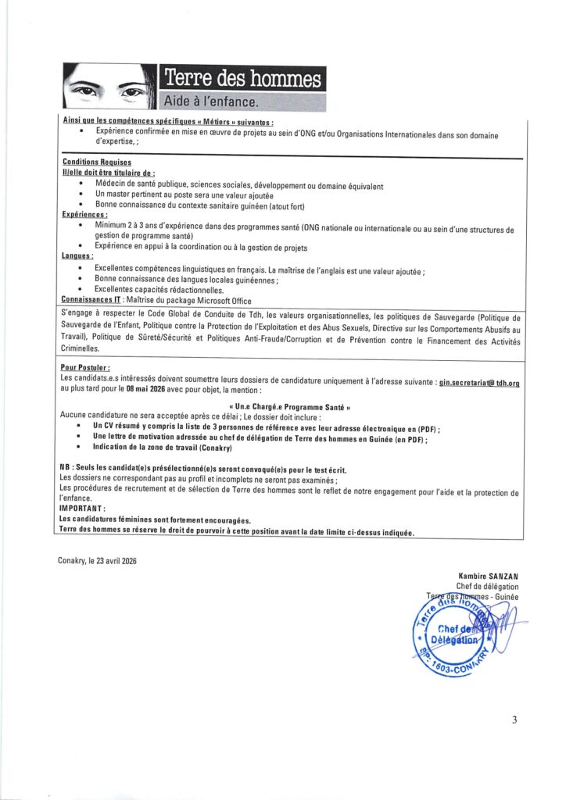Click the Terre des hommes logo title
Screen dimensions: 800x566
[x=242, y=80]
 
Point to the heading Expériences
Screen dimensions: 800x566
[x=84, y=213]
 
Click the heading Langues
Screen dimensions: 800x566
[x=77, y=256]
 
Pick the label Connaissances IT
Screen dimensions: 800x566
[x=96, y=300]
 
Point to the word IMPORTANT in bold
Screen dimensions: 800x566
[x=83, y=507]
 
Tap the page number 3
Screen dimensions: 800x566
[x=514, y=720]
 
